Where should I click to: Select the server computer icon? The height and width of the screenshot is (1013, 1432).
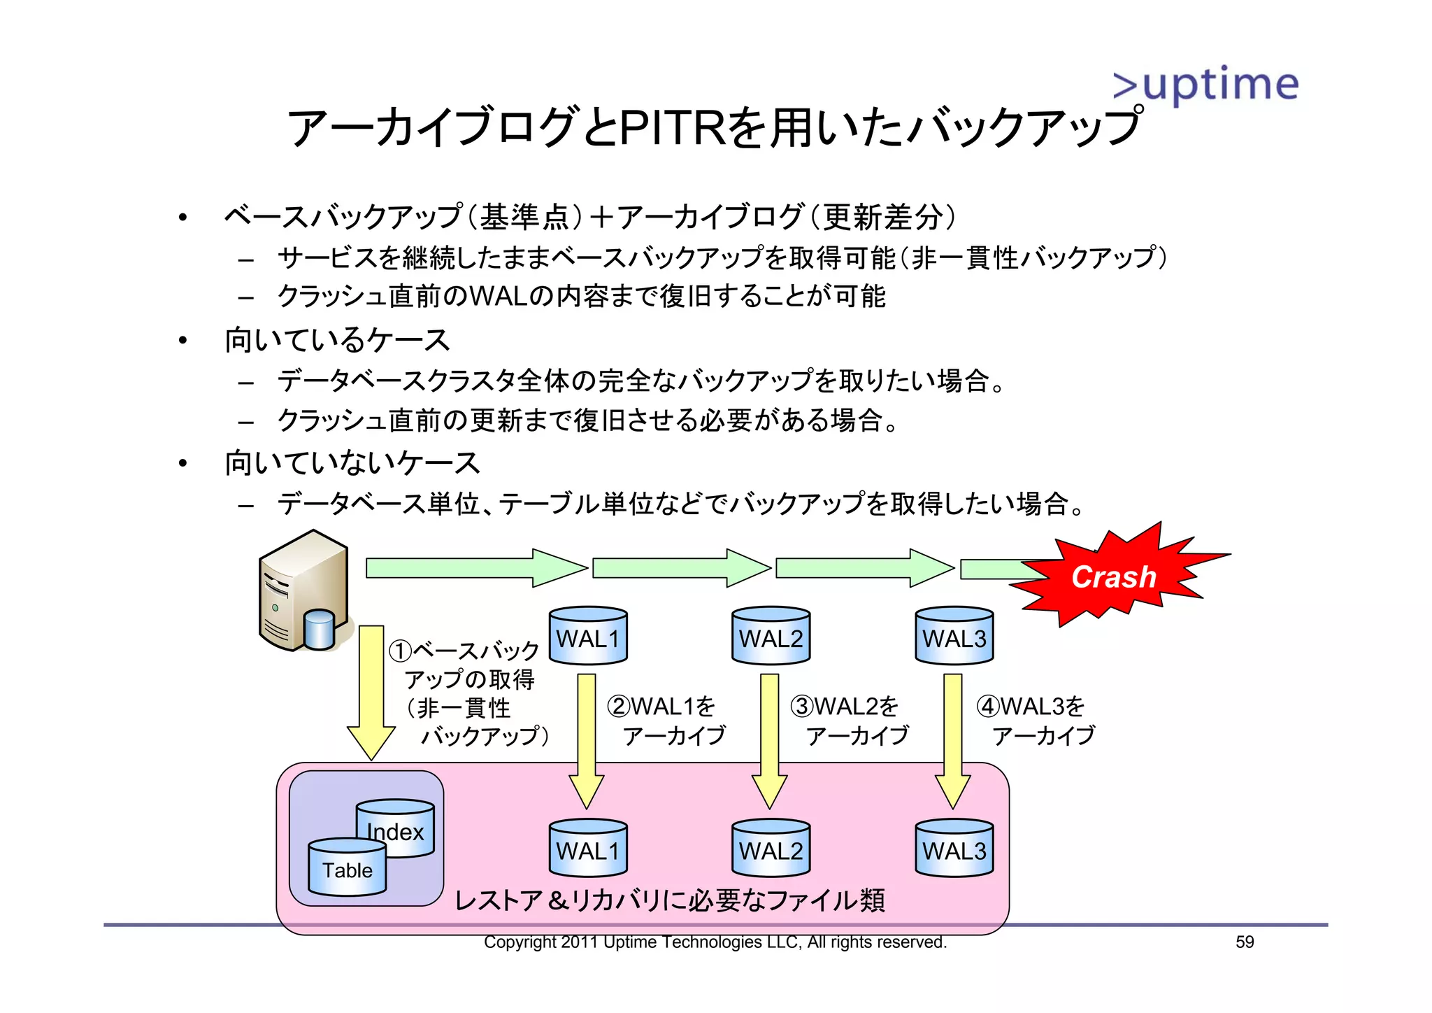pos(304,592)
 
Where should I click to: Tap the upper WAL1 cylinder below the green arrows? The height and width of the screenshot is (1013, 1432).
pos(587,635)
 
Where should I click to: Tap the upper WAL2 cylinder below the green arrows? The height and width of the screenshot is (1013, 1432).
pos(771,635)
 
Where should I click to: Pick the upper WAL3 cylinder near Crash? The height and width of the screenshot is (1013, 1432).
pos(954,635)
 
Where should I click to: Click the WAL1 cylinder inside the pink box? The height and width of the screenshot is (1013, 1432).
pos(587,848)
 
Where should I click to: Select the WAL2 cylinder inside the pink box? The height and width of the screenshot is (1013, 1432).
pos(771,848)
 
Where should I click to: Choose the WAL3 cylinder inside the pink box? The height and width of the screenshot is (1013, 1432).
pos(954,848)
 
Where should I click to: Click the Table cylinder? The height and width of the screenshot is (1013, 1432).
pos(347,867)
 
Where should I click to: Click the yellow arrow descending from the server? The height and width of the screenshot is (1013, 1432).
pos(371,693)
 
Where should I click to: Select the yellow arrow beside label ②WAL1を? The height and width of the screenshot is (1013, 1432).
pos(587,742)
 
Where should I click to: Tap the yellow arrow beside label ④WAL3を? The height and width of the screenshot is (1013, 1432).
pos(952,742)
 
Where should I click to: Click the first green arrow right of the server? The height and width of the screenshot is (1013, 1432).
pos(475,567)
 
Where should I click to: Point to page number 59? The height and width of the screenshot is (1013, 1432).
pos(1245,942)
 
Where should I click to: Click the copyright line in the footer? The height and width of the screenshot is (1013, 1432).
pos(715,942)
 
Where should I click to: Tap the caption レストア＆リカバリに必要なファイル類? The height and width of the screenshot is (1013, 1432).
pos(670,900)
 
